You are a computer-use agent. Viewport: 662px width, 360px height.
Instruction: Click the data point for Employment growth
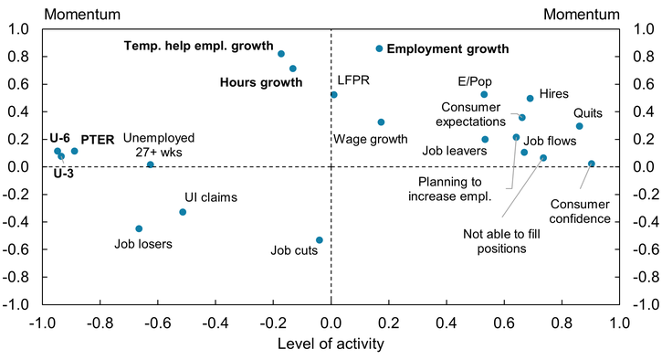[x=380, y=48]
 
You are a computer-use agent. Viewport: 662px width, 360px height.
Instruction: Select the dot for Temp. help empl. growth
[x=281, y=54]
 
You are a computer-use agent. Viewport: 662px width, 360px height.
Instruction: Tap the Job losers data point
[x=139, y=228]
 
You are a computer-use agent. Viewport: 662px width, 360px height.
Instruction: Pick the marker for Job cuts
[x=320, y=240]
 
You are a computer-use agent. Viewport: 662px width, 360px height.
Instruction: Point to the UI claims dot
[x=183, y=212]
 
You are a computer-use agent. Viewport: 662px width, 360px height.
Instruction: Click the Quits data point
[x=579, y=126]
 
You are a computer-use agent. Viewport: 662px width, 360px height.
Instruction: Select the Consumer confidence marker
[x=592, y=164]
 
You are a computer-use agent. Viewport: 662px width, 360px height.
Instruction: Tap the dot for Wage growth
[x=381, y=122]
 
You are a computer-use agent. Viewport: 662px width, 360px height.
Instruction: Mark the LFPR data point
[x=334, y=95]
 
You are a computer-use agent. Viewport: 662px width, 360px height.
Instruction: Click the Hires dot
[x=530, y=99]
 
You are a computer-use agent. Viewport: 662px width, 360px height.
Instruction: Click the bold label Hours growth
[x=261, y=82]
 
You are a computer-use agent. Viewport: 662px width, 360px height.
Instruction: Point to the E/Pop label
[x=475, y=80]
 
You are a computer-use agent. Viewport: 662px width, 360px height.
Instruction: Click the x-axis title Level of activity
[x=331, y=344]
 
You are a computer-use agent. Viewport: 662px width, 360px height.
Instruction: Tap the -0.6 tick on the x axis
[x=157, y=322]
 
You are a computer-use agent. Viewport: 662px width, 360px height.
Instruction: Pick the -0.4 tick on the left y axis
[x=22, y=222]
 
